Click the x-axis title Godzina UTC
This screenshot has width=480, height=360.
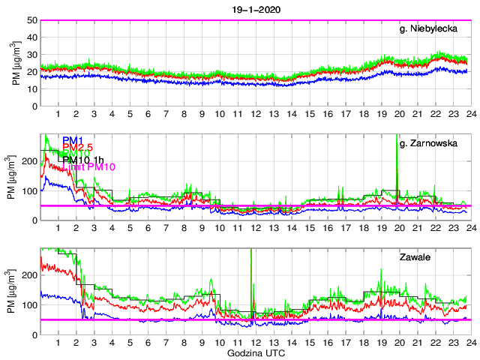pyautogui.click(x=255, y=352)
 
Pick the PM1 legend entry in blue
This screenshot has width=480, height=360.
pyautogui.click(x=72, y=139)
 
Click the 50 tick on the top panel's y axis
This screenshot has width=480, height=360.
pyautogui.click(x=33, y=20)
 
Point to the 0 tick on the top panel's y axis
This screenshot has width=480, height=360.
pyautogui.click(x=35, y=106)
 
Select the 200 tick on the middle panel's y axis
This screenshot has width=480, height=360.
pyautogui.click(x=30, y=161)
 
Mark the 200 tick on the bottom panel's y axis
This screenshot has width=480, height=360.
pyautogui.click(x=30, y=275)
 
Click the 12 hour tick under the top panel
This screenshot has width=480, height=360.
pyautogui.click(x=255, y=114)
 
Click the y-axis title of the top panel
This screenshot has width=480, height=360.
pyautogui.click(x=16, y=63)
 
